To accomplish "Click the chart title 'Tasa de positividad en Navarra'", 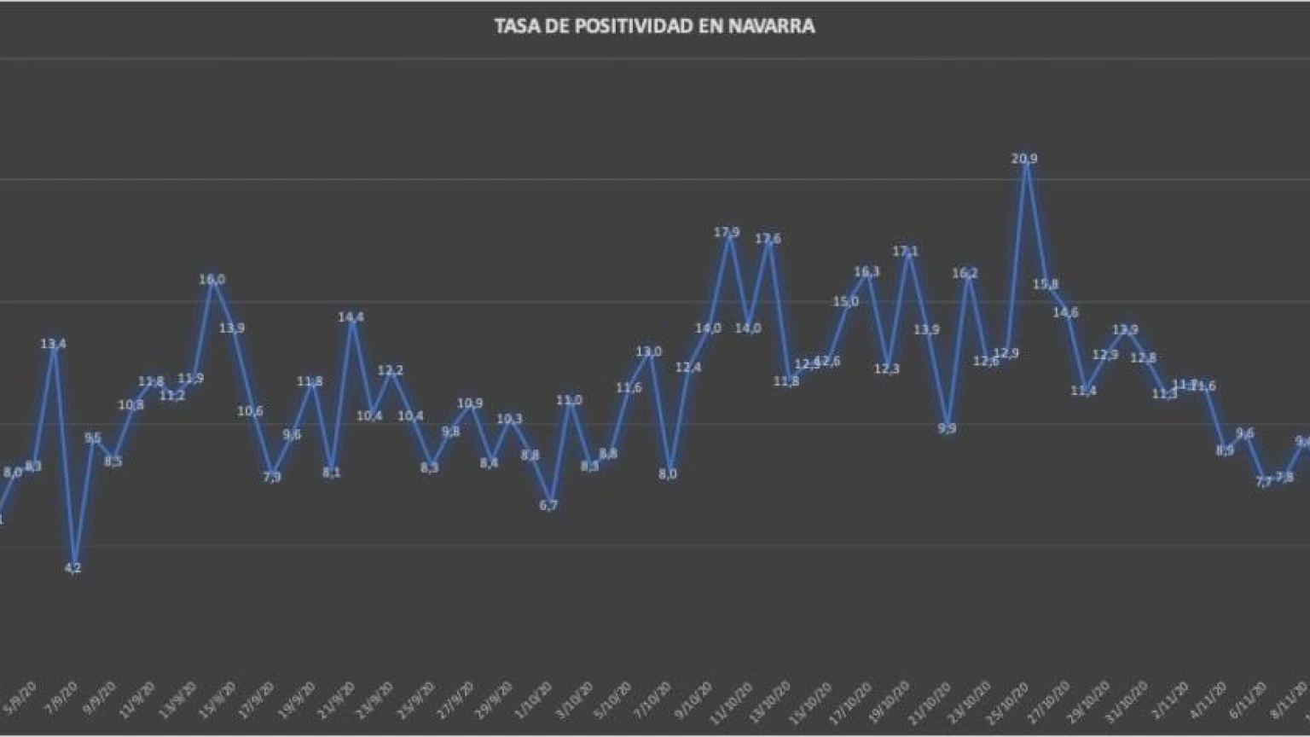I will (x=654, y=26).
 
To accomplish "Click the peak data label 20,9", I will (x=1024, y=159).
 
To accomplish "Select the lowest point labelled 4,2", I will (x=73, y=568).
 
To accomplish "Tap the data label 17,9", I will (x=727, y=232).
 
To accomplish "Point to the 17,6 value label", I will (x=768, y=239).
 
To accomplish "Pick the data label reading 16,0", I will (x=212, y=279).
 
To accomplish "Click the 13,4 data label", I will (x=53, y=344).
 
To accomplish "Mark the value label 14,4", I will (x=351, y=317).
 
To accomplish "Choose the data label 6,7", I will (x=548, y=505).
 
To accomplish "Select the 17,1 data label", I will (x=906, y=252).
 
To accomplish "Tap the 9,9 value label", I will (x=947, y=428).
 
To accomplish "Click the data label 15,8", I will (x=1046, y=284).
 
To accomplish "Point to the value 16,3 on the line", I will (x=867, y=272).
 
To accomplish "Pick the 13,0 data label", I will (x=648, y=351).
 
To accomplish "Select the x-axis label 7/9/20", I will (x=61, y=699).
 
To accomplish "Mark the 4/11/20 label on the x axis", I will (x=1211, y=699).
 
